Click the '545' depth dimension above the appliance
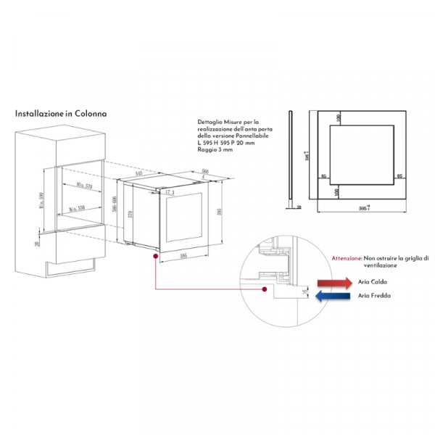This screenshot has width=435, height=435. (138, 174)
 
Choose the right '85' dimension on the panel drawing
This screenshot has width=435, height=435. (399, 176)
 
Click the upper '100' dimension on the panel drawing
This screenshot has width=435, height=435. (337, 117)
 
